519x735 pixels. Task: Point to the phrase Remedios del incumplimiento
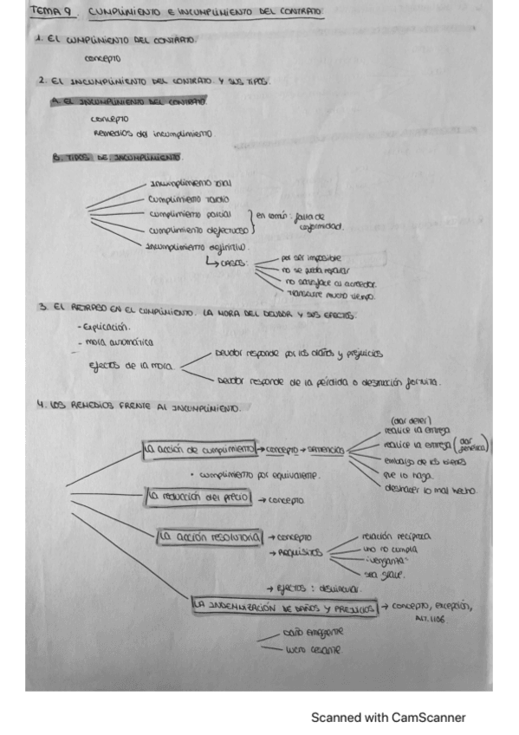point(152,133)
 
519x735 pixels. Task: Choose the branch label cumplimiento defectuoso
point(198,230)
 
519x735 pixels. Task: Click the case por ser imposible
point(311,257)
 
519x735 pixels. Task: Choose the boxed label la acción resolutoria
point(211,537)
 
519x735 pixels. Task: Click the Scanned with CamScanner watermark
point(388,717)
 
